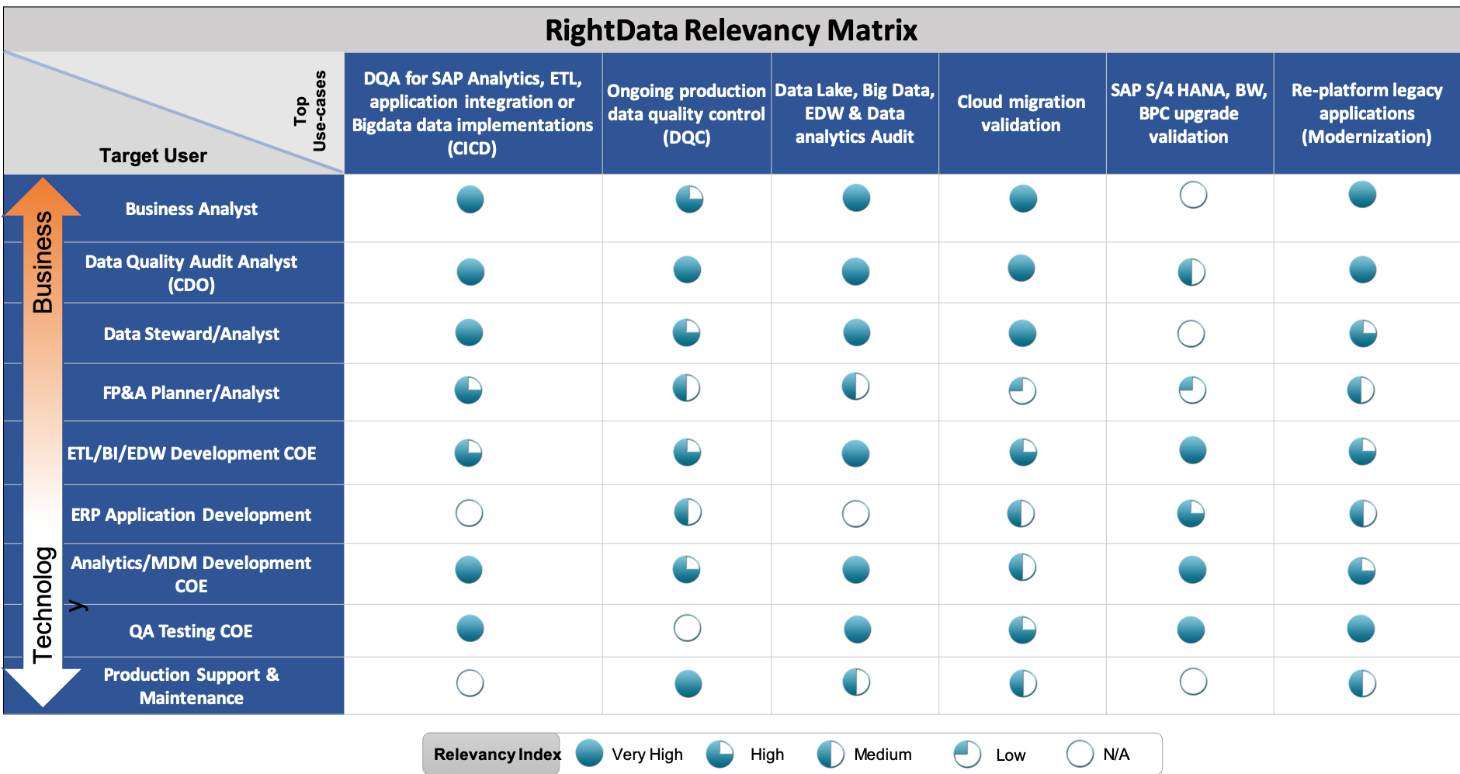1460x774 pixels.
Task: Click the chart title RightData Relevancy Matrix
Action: pyautogui.click(x=730, y=30)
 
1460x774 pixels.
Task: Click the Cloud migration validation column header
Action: pyautogui.click(x=1021, y=113)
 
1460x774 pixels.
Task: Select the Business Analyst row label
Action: pyautogui.click(x=191, y=209)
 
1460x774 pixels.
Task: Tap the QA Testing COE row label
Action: pyautogui.click(x=191, y=631)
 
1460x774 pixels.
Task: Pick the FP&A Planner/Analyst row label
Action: pyautogui.click(x=191, y=393)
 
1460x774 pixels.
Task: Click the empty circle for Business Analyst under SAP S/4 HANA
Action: pyautogui.click(x=1192, y=193)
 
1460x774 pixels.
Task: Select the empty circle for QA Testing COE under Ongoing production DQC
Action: pyautogui.click(x=686, y=626)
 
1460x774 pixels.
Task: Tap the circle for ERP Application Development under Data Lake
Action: pyautogui.click(x=855, y=512)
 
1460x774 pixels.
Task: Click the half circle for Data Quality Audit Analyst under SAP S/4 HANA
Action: pyautogui.click(x=1191, y=271)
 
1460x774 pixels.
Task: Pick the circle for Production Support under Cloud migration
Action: pyautogui.click(x=1022, y=682)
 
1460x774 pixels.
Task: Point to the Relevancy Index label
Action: pyautogui.click(x=496, y=754)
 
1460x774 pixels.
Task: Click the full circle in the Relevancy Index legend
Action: pyautogui.click(x=588, y=751)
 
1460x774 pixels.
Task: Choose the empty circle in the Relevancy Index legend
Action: pyautogui.click(x=1079, y=751)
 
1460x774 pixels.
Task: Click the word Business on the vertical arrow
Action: pyautogui.click(x=43, y=262)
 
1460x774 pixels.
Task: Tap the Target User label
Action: pyautogui.click(x=153, y=155)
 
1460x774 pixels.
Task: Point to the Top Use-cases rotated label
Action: pyautogui.click(x=310, y=111)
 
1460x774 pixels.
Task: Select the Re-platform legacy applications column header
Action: pyautogui.click(x=1366, y=113)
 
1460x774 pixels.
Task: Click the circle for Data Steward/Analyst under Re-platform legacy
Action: pyautogui.click(x=1362, y=332)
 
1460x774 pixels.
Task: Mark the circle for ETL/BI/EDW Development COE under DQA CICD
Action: pyautogui.click(x=468, y=452)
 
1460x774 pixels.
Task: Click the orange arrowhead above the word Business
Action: pyautogui.click(x=43, y=196)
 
